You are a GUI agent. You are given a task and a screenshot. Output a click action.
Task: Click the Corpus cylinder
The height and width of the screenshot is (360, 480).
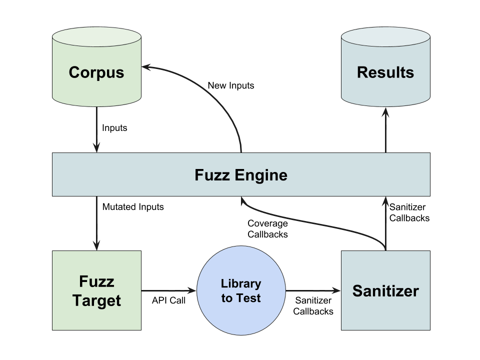[96, 72]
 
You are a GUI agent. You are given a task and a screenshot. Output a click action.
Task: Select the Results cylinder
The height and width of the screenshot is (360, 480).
[385, 72]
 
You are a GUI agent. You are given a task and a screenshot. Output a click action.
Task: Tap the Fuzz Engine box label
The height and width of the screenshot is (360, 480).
[241, 175]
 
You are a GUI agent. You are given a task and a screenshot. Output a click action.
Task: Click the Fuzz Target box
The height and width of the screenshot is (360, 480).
[96, 290]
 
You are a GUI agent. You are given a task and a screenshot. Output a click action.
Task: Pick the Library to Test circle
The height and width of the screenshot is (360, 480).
[241, 290]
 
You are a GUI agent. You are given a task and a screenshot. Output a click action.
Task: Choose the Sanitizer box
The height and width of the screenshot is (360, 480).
[385, 290]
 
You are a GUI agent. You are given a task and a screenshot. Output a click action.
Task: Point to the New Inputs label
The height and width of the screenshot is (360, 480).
[230, 85]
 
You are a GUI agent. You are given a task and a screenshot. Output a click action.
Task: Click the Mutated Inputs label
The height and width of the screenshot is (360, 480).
[133, 206]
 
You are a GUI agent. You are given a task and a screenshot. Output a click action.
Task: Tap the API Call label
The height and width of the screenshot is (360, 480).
[168, 300]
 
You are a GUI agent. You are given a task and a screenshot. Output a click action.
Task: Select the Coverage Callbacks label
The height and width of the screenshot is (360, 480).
[267, 228]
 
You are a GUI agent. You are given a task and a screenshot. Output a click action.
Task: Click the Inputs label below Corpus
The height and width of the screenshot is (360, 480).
[114, 128]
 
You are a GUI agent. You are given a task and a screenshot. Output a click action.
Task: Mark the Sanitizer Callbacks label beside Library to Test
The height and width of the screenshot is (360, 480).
[313, 305]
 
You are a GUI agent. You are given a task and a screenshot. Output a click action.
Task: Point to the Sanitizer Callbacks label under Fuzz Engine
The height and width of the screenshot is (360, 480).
[409, 212]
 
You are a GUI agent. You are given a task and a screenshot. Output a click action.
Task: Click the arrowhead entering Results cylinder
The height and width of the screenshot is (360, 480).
[385, 113]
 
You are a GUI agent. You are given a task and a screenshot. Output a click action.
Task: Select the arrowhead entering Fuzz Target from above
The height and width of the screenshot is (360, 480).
[96, 245]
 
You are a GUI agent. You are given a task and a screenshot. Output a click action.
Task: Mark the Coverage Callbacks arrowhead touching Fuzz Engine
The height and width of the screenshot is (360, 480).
[242, 201]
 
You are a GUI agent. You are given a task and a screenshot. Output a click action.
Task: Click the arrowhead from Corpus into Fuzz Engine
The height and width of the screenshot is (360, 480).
[96, 147]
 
